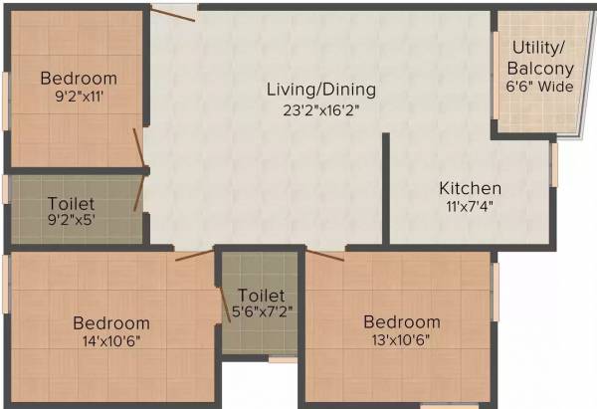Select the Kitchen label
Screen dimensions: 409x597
471,188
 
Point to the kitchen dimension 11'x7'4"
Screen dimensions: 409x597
471,207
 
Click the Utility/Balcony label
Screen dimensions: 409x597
540,59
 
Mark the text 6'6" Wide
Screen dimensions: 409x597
540,87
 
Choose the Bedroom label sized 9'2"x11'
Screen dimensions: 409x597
79,79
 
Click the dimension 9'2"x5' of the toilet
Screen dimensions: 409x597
73,222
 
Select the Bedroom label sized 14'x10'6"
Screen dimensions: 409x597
111,322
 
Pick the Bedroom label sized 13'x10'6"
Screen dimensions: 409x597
401,321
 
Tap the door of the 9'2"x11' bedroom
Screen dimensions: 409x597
141,147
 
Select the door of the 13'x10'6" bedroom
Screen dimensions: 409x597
325,256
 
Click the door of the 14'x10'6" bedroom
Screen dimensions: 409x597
195,255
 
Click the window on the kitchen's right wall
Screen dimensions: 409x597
555,164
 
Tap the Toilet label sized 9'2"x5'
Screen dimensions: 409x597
73,203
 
